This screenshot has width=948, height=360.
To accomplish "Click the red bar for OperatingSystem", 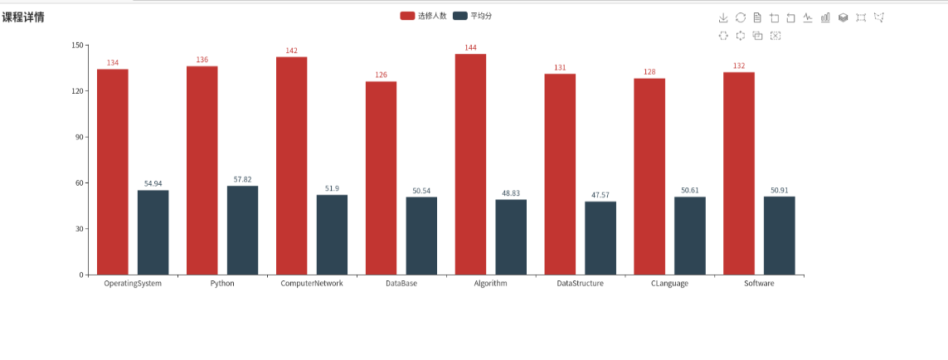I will pos(113,172).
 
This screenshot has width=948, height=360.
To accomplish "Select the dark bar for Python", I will pos(242,230).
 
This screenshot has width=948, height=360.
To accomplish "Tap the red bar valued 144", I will pos(470,164).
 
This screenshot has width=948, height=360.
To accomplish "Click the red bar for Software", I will pos(739,173).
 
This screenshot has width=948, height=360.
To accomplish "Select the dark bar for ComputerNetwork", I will pos(332,235).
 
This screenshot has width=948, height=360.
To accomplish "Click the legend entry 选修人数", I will pos(423,16).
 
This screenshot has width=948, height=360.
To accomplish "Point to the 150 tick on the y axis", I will pos(78,46).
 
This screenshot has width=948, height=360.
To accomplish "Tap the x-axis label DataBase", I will pos(401,284).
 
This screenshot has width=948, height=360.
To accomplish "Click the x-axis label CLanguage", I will pos(669,284).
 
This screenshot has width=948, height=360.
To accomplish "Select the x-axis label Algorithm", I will pos(490,284).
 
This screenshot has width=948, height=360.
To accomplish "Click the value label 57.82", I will pos(242,179).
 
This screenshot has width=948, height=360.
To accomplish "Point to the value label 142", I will pos(291,51).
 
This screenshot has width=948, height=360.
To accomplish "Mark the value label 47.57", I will pos(600,195).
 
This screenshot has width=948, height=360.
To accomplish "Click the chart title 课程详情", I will pos(23,17).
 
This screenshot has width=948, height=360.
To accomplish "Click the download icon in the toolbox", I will pos(722,17).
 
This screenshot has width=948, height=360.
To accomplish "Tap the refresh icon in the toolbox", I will pos(740,17).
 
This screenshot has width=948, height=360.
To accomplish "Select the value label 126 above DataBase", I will pos(381,75).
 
